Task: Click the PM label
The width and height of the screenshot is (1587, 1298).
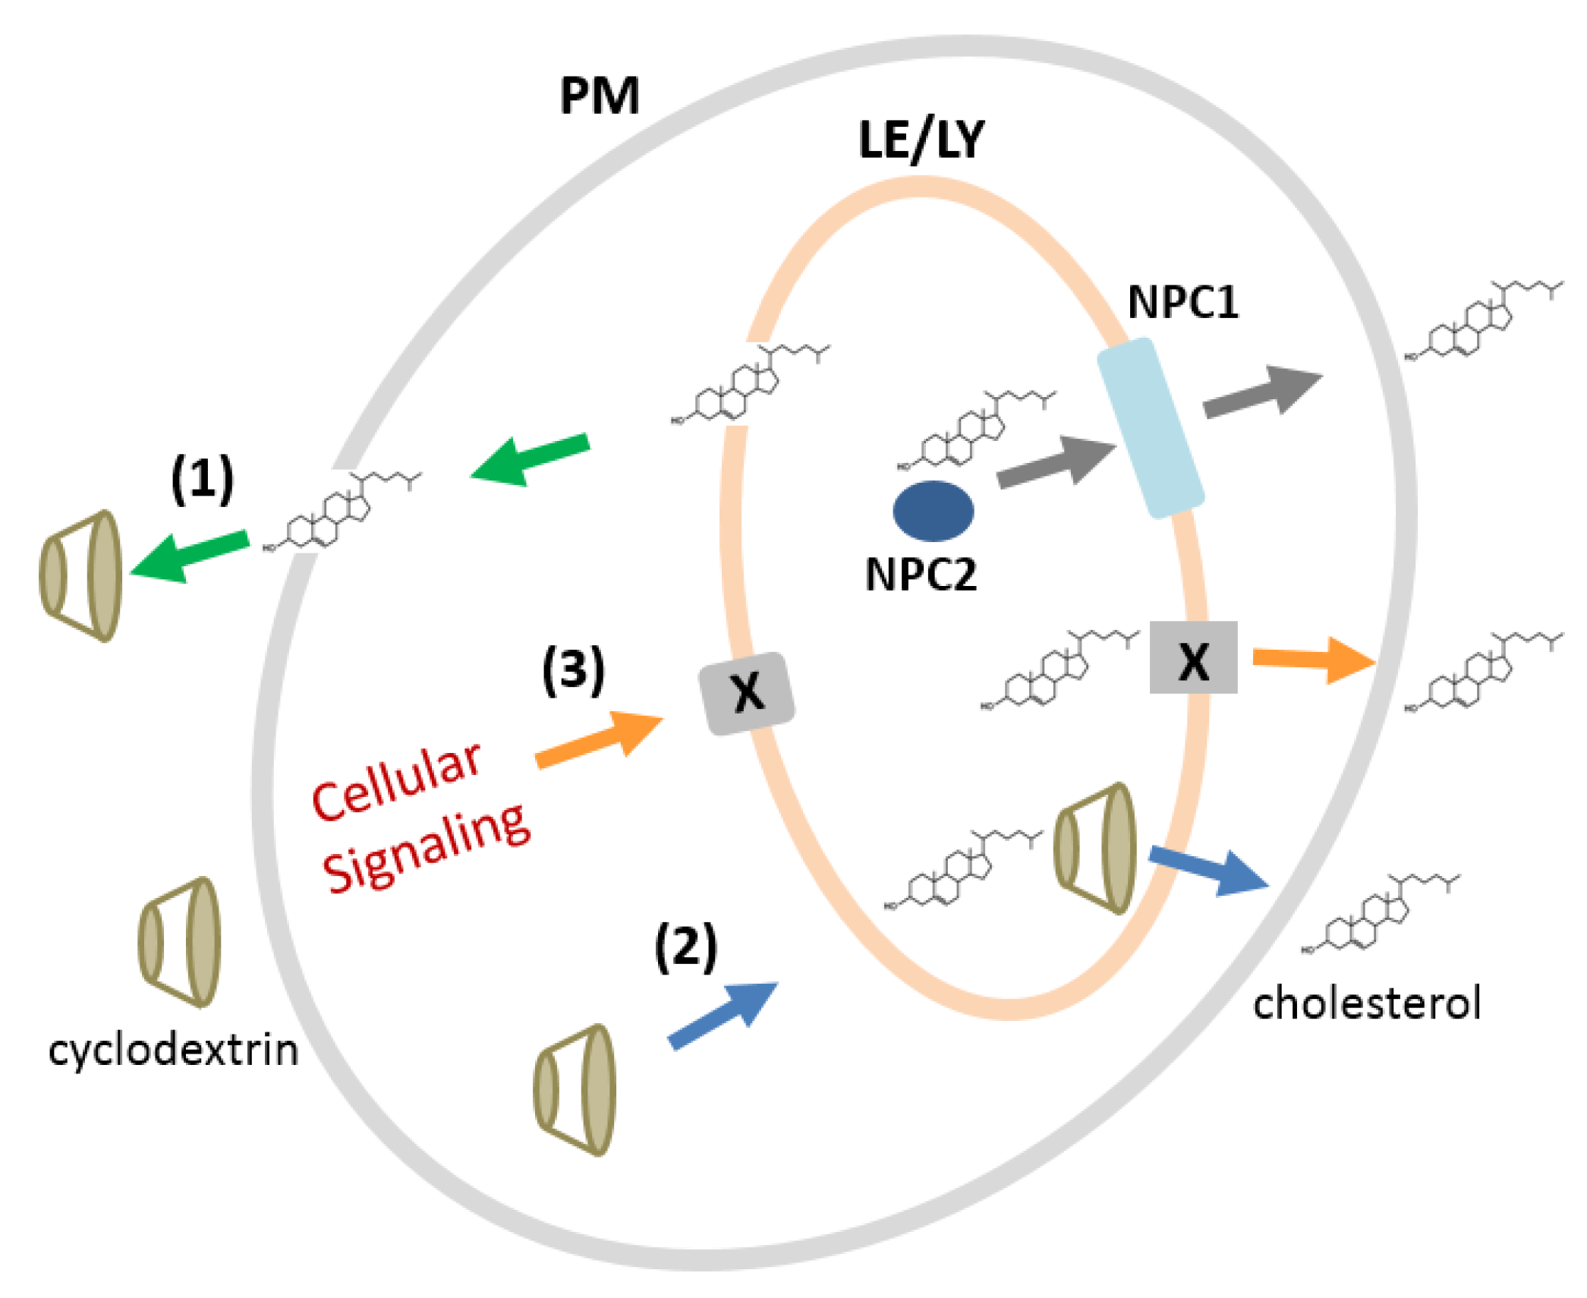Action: click(x=599, y=96)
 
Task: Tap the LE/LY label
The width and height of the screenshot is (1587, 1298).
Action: click(x=920, y=140)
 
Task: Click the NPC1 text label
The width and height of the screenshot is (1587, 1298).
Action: click(x=1182, y=302)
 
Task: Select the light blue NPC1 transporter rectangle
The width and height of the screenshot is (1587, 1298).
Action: click(x=1151, y=429)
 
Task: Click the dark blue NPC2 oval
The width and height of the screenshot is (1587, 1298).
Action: click(x=933, y=511)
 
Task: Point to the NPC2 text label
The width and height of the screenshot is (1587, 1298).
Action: click(x=920, y=575)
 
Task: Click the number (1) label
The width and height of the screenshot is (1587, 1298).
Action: click(x=202, y=480)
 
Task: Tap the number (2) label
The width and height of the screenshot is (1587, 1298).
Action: click(x=685, y=947)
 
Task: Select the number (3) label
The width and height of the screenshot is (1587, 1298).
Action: click(x=573, y=670)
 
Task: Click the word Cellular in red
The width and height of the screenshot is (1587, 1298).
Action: click(x=397, y=782)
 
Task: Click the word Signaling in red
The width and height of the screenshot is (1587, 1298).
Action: click(x=427, y=848)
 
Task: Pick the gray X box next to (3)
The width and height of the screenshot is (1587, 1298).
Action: click(x=747, y=693)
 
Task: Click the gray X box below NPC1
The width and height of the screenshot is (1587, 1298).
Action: click(x=1193, y=657)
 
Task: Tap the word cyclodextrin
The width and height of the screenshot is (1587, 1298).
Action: click(x=173, y=1051)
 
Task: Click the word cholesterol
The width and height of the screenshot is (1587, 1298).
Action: click(x=1366, y=1003)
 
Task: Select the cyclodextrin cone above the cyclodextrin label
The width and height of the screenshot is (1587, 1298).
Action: click(x=180, y=943)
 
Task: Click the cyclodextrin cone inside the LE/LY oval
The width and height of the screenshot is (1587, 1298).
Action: click(x=1095, y=848)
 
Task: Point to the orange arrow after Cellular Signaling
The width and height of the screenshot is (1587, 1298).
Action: click(x=600, y=739)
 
